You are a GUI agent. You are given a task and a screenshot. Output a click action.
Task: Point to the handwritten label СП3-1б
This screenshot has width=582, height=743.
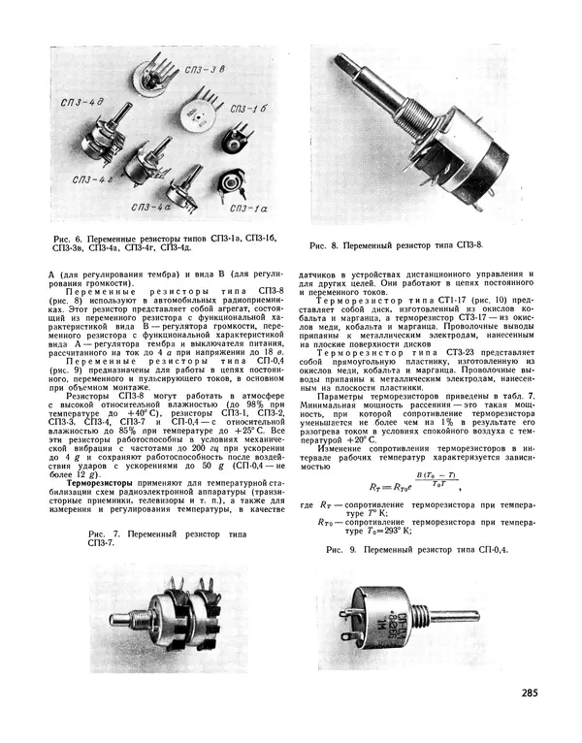[x=248, y=111]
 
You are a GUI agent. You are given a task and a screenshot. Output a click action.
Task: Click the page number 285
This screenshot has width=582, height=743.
[x=529, y=693]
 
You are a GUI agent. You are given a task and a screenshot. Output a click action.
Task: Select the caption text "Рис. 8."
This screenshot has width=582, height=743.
[x=325, y=246]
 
